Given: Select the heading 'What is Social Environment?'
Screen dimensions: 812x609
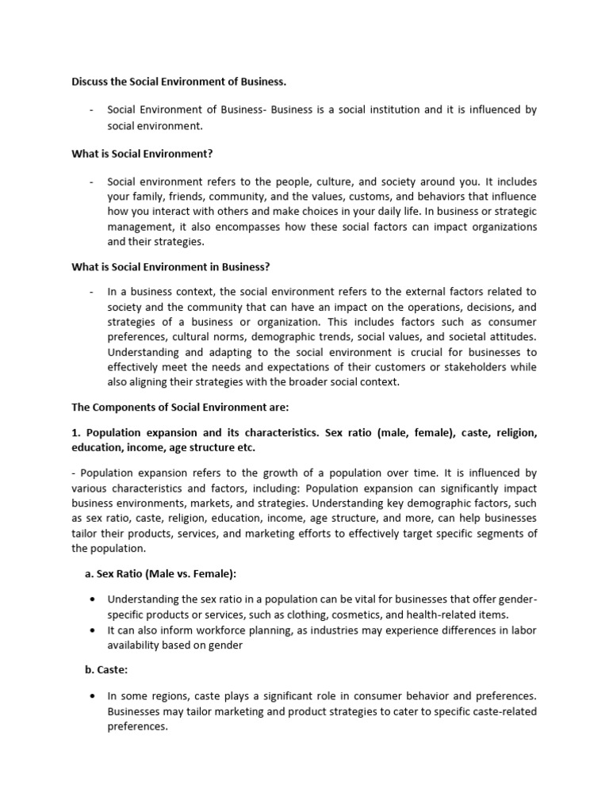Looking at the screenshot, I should [143, 154].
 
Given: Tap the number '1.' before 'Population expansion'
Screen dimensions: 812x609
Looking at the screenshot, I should [76, 433].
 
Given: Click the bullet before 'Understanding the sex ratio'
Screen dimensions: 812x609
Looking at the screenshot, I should [94, 599].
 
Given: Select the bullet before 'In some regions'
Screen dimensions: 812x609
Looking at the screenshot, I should [94, 696].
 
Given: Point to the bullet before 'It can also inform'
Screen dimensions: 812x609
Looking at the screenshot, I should [94, 630].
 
